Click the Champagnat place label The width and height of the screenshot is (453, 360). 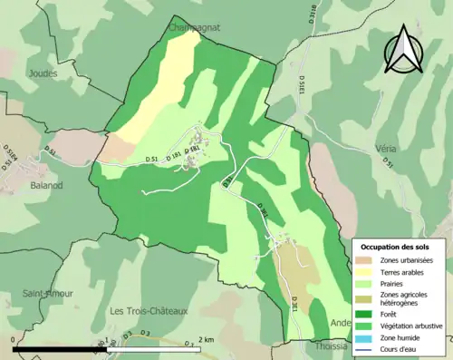195,28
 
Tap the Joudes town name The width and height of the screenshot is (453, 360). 43,73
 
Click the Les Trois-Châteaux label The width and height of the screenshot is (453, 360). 148,311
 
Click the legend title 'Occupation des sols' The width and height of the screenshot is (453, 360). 395,247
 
